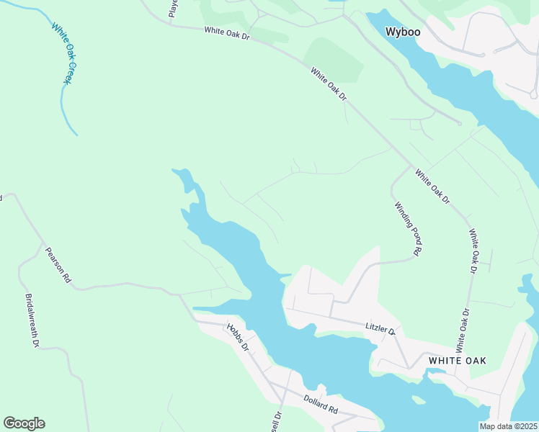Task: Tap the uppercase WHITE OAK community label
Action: [457, 360]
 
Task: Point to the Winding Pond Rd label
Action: [407, 229]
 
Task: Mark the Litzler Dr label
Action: [380, 329]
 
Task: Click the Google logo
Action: [24, 423]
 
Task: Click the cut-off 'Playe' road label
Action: [173, 8]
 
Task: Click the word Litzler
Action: [376, 328]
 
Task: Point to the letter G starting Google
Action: [9, 423]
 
